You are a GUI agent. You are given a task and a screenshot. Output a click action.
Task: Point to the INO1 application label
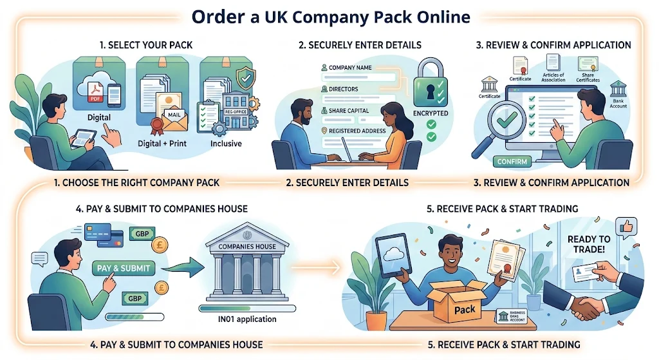click(x=247, y=319)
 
